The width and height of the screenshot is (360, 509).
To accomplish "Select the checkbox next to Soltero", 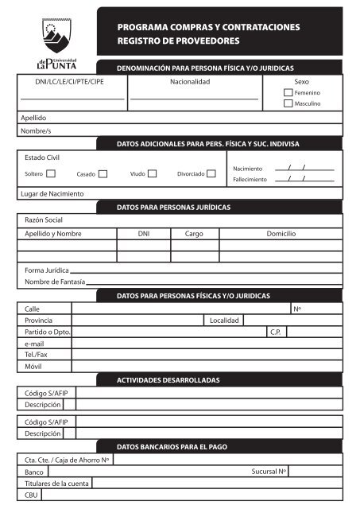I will [51, 173].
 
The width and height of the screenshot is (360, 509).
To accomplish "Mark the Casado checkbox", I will [103, 173].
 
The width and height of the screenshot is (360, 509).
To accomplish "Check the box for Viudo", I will [153, 173].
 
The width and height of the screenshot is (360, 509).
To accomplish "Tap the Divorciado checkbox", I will [211, 173].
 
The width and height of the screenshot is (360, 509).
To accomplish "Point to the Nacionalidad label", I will [191, 82].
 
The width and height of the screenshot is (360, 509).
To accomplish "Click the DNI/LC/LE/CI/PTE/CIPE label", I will [60, 82].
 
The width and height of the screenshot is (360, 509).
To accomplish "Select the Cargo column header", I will [194, 235].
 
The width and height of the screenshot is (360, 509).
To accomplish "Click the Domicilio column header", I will [281, 235].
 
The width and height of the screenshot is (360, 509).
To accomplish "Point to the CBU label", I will [32, 495].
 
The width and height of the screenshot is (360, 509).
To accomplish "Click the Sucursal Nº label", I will [269, 472].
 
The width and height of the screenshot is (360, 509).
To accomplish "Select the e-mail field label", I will [34, 343].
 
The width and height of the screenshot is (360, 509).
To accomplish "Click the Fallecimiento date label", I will [250, 179].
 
